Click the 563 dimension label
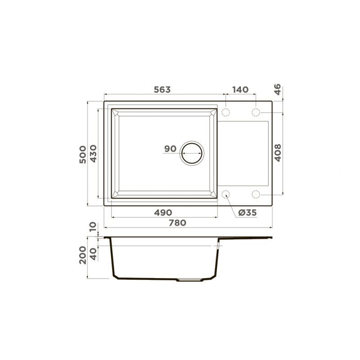pos(162,90)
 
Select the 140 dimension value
pos(240,90)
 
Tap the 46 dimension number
pos(277,89)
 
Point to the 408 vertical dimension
pos(278,153)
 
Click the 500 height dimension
pos(83,154)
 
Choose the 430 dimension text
pos(93,153)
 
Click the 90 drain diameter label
pos(170,149)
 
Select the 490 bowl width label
pos(163,212)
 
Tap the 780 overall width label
pos(177,223)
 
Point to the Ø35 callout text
pos(247,212)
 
